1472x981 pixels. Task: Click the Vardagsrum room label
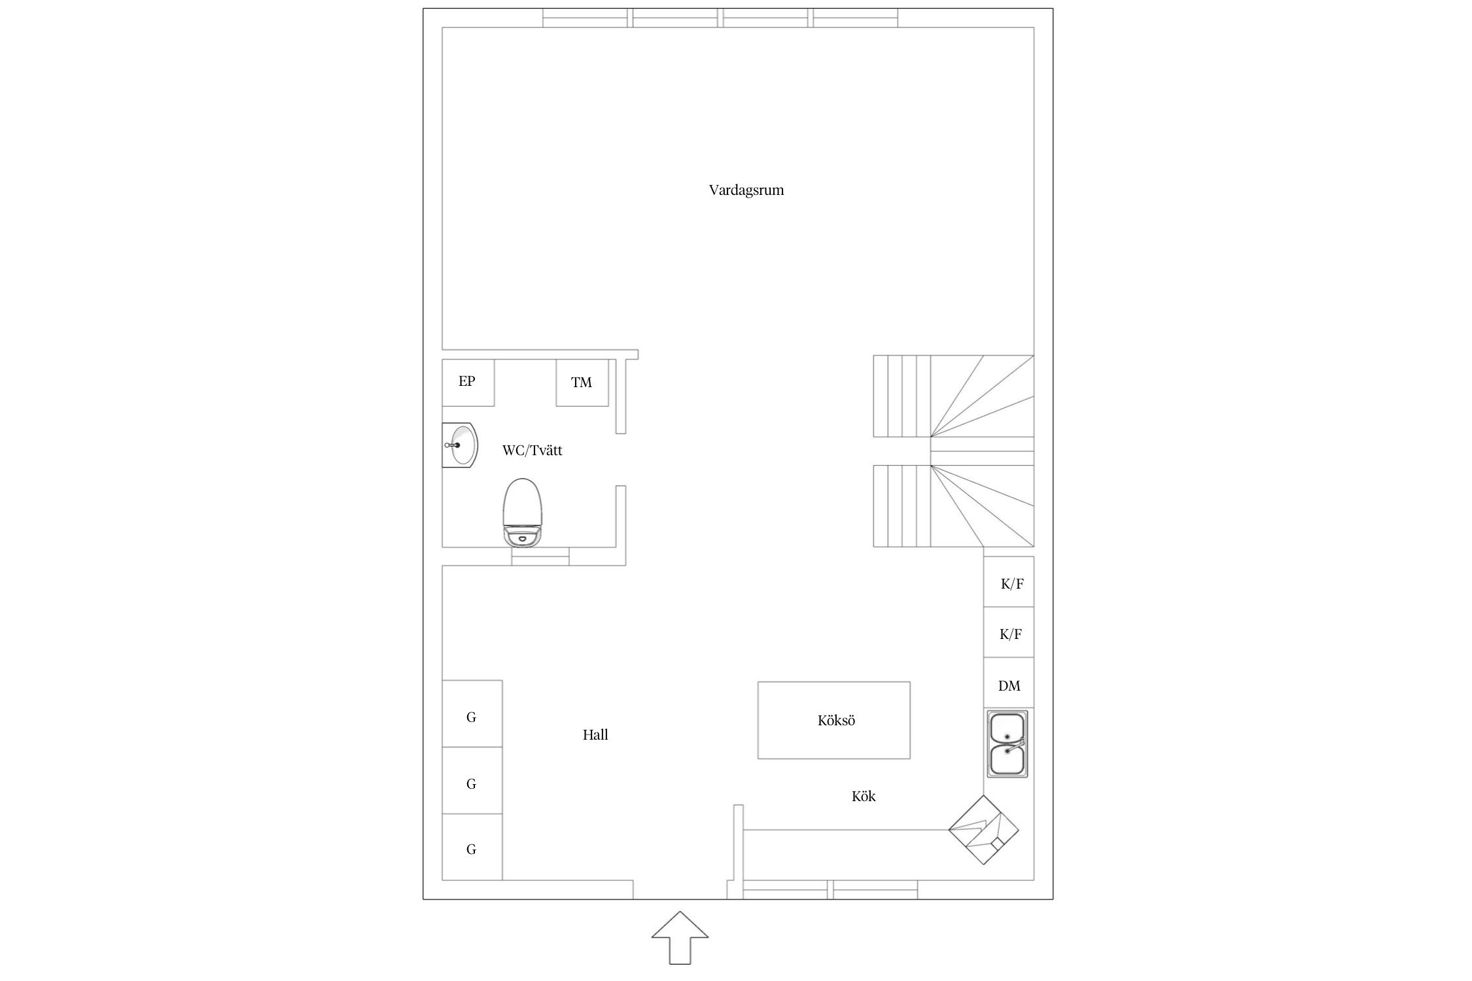[746, 190]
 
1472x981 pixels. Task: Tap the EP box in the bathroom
[468, 383]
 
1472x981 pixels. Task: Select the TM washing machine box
[582, 383]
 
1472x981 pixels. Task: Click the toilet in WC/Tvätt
[523, 513]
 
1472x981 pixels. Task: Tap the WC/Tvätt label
[532, 451]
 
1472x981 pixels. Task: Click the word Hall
[595, 735]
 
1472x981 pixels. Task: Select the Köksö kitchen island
[834, 720]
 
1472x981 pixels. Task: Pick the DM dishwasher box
[1009, 683]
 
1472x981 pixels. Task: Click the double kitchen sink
[1008, 744]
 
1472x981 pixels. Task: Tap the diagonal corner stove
[984, 830]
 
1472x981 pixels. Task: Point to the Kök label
[864, 797]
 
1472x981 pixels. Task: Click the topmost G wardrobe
[472, 714]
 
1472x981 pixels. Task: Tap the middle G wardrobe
[472, 781]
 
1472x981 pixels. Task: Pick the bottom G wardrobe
[472, 847]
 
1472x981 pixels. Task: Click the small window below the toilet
[540, 556]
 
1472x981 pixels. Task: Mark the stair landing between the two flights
[982, 451]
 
